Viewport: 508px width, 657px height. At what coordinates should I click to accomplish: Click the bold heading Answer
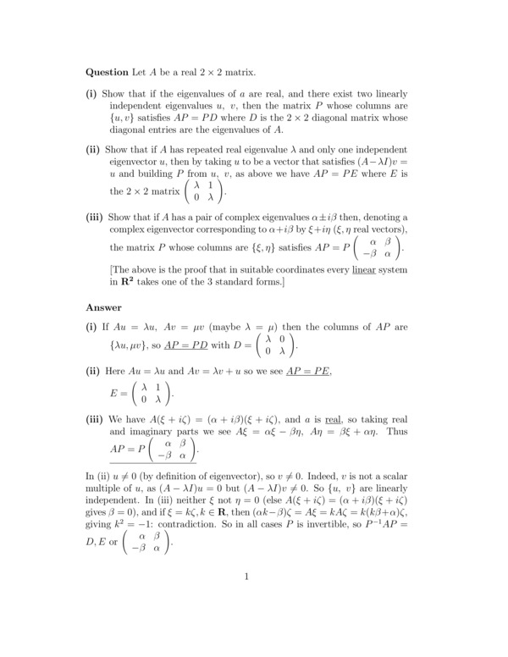(x=105, y=307)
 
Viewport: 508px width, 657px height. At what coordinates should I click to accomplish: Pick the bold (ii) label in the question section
(x=93, y=149)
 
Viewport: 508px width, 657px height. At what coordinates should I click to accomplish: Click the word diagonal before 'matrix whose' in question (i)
(x=333, y=116)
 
